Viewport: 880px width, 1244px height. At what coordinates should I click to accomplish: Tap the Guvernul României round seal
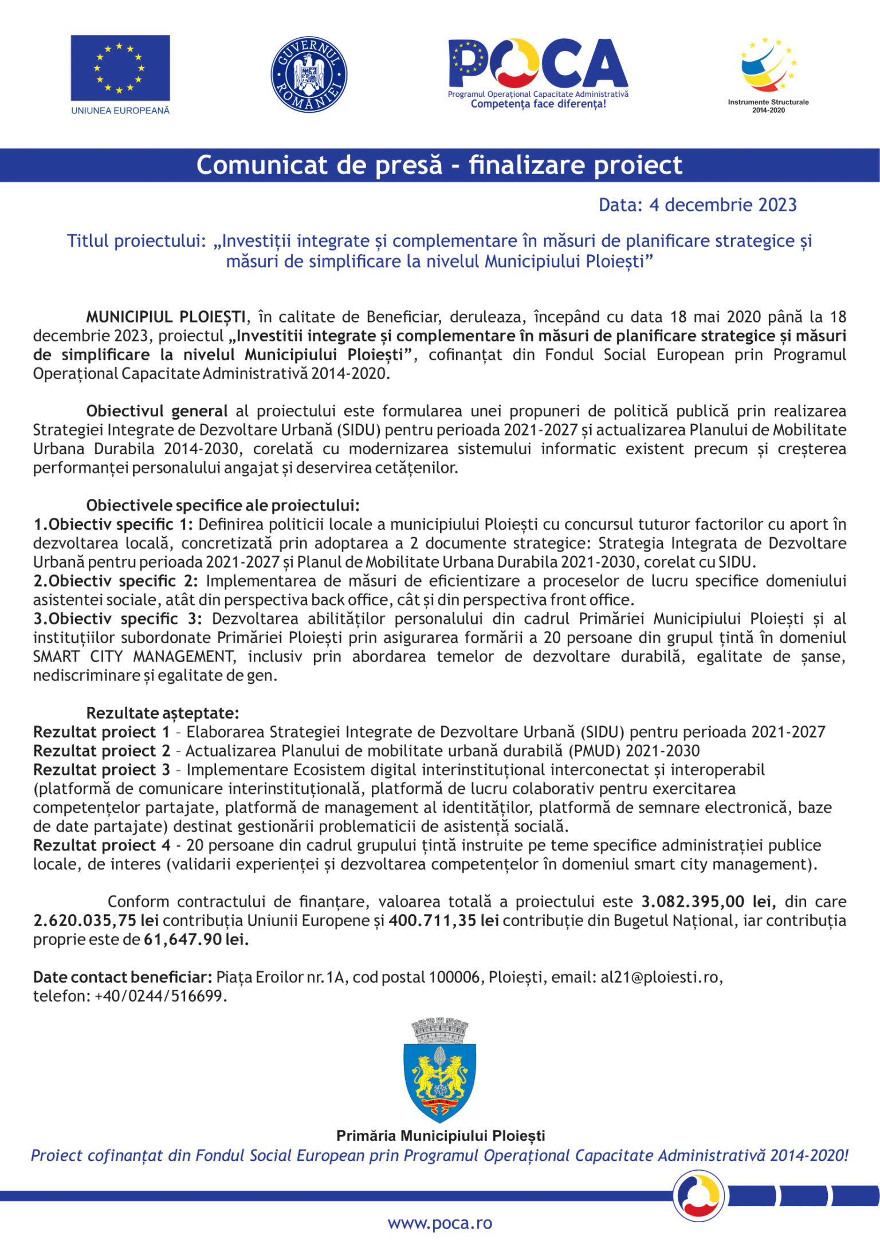309,74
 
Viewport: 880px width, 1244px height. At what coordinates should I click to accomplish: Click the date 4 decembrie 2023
722,205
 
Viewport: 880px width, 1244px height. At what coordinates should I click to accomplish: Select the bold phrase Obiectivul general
156,411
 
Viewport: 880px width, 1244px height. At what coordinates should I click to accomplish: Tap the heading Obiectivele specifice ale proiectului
222,505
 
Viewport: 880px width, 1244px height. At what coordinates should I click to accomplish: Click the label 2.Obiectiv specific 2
115,581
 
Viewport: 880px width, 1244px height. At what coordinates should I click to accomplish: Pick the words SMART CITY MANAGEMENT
133,656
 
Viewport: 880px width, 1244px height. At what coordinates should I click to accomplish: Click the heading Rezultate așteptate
162,713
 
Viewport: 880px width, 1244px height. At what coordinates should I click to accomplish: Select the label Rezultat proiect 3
101,770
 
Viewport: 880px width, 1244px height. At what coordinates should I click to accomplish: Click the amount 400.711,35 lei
443,920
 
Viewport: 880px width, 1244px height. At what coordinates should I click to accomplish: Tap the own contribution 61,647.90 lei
196,939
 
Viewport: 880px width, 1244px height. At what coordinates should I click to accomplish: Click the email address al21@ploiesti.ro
659,977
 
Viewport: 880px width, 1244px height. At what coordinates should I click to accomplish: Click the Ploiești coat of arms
439,1072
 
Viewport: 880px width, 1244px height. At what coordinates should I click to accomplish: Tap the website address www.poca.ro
439,1223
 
